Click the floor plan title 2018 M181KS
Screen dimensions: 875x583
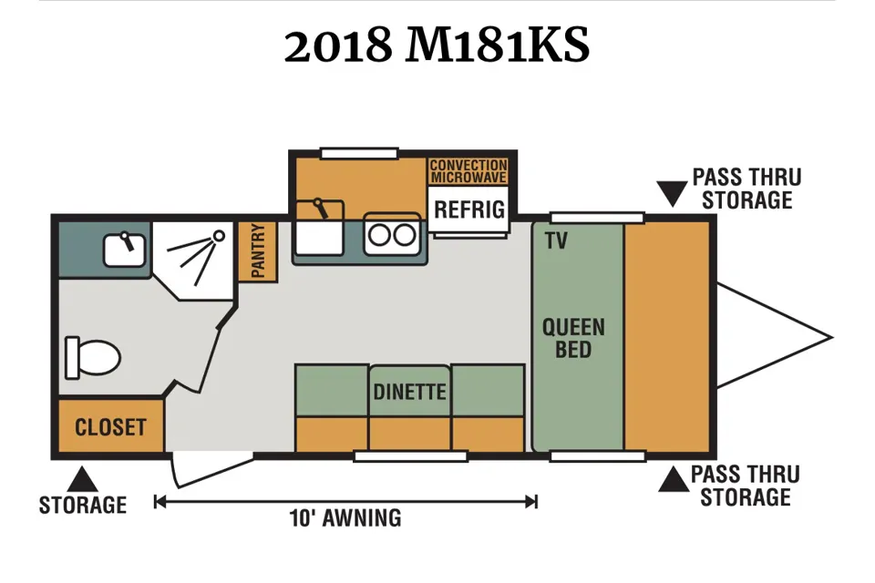[x=437, y=46]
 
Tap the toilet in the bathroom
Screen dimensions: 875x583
[x=93, y=358]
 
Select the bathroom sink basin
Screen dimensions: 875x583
[x=125, y=249]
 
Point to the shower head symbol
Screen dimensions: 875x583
[x=219, y=236]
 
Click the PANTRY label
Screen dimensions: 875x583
[x=258, y=251]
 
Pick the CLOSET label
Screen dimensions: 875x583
[x=110, y=427]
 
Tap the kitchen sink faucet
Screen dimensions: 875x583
[x=320, y=208]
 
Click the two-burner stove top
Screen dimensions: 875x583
[x=392, y=234]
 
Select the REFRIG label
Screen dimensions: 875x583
[x=469, y=210]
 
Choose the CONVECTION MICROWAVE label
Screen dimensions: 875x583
[x=468, y=171]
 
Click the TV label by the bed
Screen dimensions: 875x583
[x=556, y=241]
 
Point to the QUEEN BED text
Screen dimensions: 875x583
[x=573, y=338]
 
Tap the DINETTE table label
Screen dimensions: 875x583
[x=409, y=393]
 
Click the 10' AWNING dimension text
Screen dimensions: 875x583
[x=345, y=518]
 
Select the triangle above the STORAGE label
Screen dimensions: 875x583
[x=83, y=479]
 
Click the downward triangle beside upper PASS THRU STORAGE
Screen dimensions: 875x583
[x=672, y=194]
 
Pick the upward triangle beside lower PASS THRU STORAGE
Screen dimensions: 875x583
[x=674, y=479]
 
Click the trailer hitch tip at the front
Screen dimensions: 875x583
[x=831, y=337]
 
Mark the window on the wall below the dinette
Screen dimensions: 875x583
[x=411, y=457]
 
